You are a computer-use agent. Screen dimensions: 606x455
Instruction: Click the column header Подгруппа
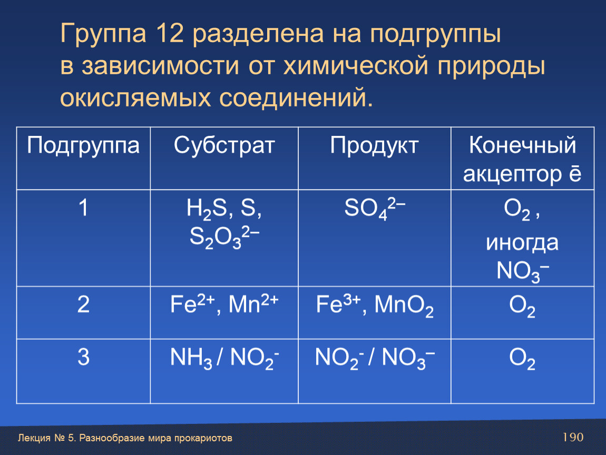pos(83,146)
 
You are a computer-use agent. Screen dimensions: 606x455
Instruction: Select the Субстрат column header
pos(224,146)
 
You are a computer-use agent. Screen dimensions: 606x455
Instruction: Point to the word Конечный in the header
pos(523,145)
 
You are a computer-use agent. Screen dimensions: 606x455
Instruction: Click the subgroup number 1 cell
pos(83,208)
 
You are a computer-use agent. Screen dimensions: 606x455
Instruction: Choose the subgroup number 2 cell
pos(83,304)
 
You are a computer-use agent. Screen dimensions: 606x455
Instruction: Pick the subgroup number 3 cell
pos(83,357)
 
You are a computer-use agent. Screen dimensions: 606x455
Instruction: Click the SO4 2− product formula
pos(375,209)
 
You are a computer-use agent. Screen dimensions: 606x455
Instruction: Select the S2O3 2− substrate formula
pos(224,237)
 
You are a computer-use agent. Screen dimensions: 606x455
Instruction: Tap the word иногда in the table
pos(522,243)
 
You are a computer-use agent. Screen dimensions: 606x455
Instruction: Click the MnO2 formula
pos(404,305)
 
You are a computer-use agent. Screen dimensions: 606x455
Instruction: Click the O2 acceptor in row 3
pos(522,359)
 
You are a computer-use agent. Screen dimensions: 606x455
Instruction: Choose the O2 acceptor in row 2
pos(522,306)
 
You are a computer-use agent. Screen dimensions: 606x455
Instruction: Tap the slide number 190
pos(573,437)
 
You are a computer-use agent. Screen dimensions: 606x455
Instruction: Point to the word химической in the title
pos(356,66)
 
